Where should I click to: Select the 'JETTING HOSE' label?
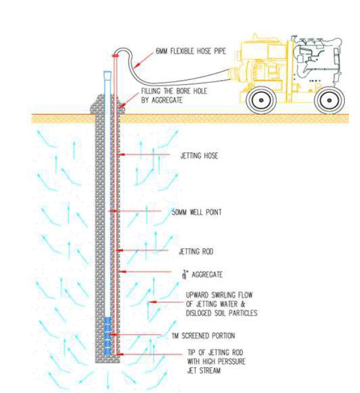tap(194, 156)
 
